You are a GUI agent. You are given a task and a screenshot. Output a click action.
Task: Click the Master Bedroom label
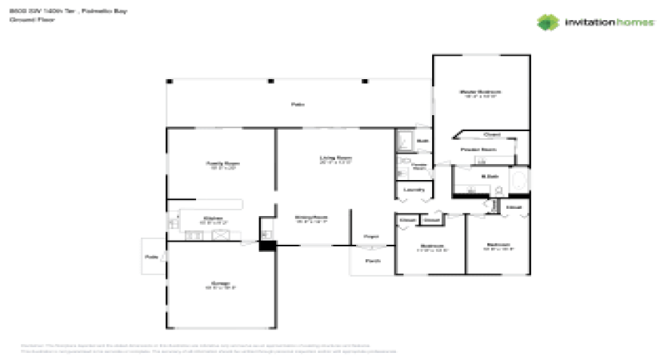tap(480, 92)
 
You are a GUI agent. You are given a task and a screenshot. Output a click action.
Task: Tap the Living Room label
tap(336, 158)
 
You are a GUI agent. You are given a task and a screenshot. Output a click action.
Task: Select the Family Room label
tap(224, 163)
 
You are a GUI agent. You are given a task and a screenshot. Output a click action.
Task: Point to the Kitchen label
tap(213, 218)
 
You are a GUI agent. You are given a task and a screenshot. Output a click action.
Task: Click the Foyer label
tap(370, 237)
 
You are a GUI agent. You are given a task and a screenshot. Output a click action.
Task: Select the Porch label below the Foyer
tap(372, 261)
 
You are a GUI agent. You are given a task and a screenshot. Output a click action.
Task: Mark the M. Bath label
tap(486, 175)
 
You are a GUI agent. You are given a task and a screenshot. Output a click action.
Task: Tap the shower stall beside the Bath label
tap(405, 141)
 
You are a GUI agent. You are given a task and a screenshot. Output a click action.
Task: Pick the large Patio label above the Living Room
tap(298, 105)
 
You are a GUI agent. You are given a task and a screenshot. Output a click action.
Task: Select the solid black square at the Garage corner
tap(267, 246)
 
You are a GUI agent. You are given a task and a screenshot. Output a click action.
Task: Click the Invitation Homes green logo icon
tap(546, 22)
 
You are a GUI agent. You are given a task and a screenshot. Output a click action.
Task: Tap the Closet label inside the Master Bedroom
tap(492, 135)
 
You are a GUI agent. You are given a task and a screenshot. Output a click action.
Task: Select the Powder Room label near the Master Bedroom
tap(478, 149)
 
